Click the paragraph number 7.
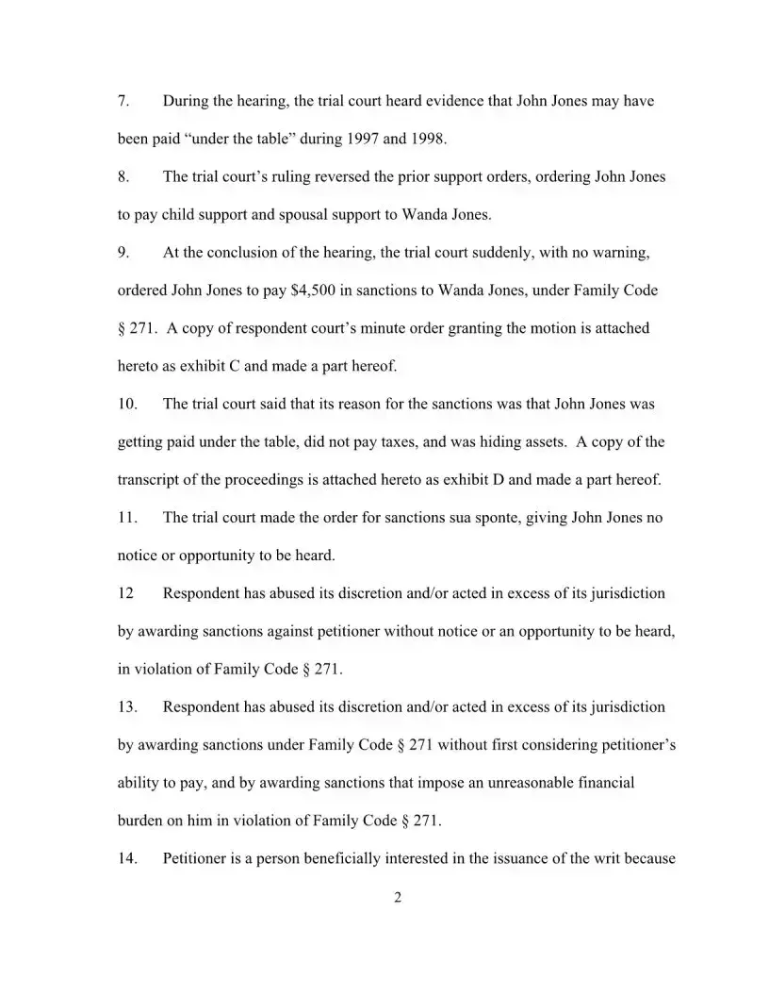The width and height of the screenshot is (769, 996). point(123,101)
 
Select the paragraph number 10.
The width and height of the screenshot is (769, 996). point(127,404)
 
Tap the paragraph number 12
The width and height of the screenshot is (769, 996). point(125,593)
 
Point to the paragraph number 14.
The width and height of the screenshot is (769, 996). point(127,858)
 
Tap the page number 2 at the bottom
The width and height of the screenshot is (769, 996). point(397,898)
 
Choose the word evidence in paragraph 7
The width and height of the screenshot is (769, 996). point(387,101)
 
